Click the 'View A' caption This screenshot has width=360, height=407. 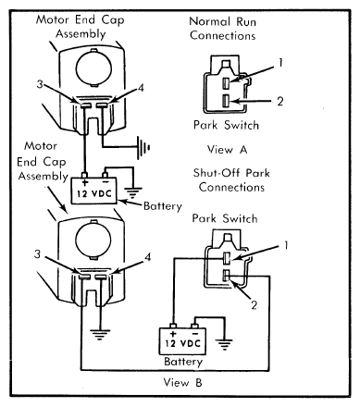coord(228,150)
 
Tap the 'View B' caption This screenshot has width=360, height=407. coord(182,383)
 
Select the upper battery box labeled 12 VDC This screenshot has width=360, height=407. coord(94,191)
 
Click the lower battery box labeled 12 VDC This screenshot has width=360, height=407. coord(182,341)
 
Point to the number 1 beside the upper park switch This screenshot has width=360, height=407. coord(280,63)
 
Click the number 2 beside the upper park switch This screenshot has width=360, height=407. coord(279,101)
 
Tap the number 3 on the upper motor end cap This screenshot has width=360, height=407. coord(40,84)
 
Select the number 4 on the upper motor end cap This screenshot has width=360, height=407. coord(141,88)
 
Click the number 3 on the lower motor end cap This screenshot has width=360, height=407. coord(37,254)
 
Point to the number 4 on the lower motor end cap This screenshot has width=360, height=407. coord(148,257)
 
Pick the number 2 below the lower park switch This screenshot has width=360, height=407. coord(254,305)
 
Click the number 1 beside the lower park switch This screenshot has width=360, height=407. coord(286,245)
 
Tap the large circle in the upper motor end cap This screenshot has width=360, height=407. coord(93,68)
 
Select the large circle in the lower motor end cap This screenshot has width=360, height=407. coord(93,239)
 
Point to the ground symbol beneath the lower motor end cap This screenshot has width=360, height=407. coord(100,335)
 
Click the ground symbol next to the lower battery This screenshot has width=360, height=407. coord(224,344)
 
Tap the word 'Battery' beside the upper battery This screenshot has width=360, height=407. coord(163,206)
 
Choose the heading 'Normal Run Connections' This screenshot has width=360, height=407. coord(223,29)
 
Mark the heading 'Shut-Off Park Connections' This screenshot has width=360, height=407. coord(231,180)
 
